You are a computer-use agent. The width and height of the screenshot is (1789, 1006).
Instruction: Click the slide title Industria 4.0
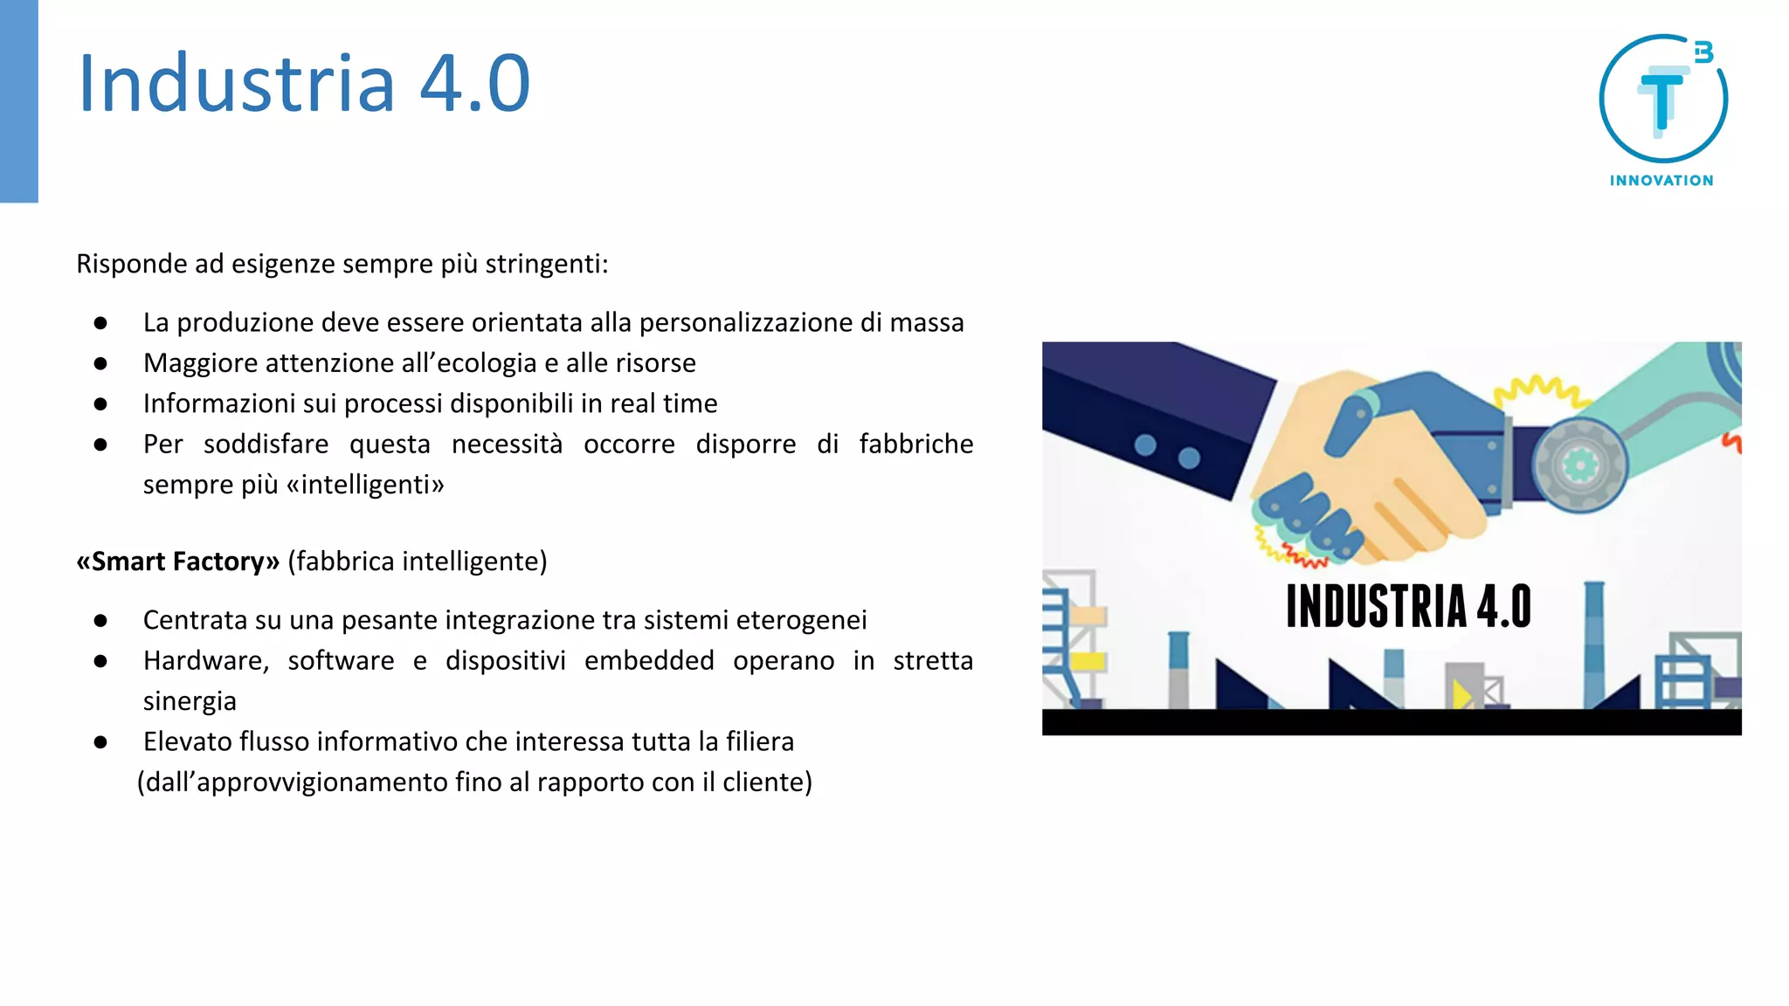pyautogui.click(x=304, y=83)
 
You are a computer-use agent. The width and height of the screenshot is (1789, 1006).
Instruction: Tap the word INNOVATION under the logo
pyautogui.click(x=1661, y=181)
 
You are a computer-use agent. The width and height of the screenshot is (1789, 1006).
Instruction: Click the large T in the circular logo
pyautogui.click(x=1661, y=100)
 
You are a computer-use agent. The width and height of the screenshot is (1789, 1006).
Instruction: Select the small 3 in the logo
pyautogui.click(x=1703, y=53)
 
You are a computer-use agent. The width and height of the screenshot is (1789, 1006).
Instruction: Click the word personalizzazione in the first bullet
pyautogui.click(x=745, y=322)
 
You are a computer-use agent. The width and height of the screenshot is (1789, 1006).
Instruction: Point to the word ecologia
pyautogui.click(x=488, y=362)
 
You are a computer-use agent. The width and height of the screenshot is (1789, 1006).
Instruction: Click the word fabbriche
pyautogui.click(x=915, y=444)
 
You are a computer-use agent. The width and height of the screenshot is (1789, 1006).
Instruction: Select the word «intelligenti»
pyautogui.click(x=365, y=484)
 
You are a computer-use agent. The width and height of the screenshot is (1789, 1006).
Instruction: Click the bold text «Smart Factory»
pyautogui.click(x=177, y=561)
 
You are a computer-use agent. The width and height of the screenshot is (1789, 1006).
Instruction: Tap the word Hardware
pyautogui.click(x=206, y=660)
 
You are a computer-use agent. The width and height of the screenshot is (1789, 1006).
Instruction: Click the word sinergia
pyautogui.click(x=190, y=700)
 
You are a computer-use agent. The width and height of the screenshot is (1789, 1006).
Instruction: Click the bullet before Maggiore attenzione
pyautogui.click(x=100, y=363)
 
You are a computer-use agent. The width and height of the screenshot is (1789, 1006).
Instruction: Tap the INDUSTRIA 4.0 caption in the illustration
pyautogui.click(x=1408, y=606)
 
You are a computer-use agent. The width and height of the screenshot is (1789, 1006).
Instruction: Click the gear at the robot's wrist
pyautogui.click(x=1579, y=464)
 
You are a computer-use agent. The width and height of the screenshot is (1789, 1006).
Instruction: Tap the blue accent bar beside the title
pyautogui.click(x=19, y=101)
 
